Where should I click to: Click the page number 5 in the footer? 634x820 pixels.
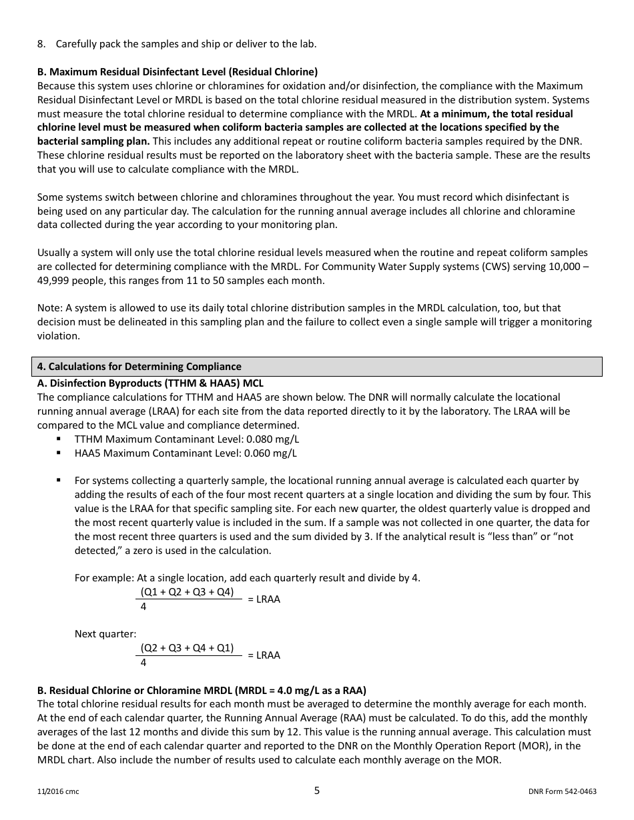point(317,791)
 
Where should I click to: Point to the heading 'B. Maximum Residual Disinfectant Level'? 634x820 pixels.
point(178,72)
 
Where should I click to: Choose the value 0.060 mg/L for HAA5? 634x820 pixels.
point(270,453)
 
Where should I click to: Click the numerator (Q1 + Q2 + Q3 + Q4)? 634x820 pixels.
point(187,592)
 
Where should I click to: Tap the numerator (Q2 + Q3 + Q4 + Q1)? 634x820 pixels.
point(187,648)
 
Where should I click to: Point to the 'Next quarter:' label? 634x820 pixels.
point(105,634)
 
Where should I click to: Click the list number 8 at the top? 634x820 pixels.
point(41,44)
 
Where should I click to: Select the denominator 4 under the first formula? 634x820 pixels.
point(143,607)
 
